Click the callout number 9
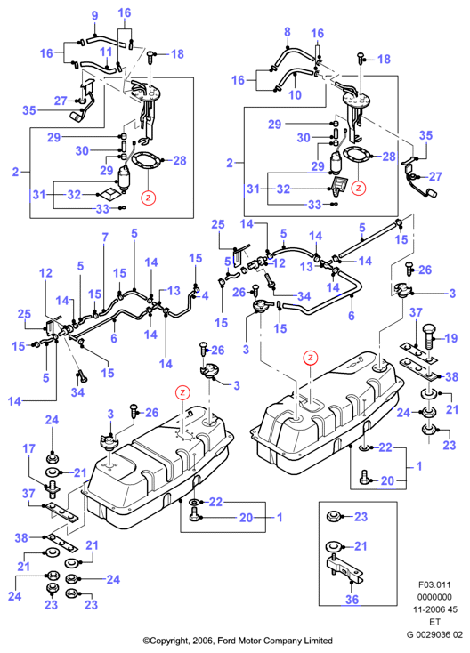94,16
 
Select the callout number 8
288,32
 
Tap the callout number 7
105,238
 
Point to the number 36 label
352,600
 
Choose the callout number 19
451,338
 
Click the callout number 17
28,448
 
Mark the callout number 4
205,295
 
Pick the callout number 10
295,95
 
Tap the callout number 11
106,52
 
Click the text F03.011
434,584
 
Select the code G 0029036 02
434,634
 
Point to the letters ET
434,622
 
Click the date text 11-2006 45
435,609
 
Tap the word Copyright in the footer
169,641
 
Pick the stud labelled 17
53,488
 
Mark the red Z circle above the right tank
311,358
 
